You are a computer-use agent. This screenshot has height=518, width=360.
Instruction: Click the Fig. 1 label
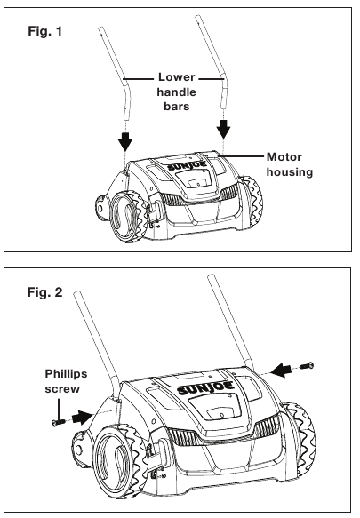pos(45,31)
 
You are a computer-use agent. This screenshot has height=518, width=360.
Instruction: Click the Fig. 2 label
pos(44,292)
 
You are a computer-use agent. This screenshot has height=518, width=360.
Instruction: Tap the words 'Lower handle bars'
pos(177,92)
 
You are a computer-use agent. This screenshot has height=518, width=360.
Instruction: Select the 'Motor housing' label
pos(290,164)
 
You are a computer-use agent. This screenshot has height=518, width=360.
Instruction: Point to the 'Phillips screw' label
pos(66,381)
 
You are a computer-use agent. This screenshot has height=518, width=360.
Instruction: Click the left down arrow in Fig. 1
pos(125,140)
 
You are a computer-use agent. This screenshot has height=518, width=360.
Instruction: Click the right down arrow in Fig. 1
pos(224,129)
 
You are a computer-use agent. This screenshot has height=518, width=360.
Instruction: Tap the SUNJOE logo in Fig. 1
pos(188,166)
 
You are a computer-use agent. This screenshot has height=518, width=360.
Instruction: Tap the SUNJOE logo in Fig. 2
pos(205,387)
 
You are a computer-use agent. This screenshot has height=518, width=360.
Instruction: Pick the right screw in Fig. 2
pos(307,366)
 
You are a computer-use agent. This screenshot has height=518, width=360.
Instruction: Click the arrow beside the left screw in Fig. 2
pos(82,417)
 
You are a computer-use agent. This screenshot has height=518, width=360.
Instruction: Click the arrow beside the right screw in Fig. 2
pos(283,370)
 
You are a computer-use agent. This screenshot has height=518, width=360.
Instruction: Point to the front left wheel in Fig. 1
pos(126,218)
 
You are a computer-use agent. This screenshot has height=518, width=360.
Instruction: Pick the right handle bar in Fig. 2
pos(231,322)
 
